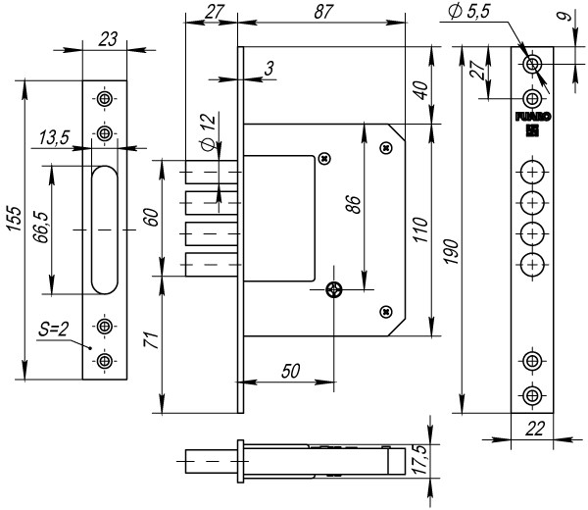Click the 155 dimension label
coord(15,218)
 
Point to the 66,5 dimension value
coord(41,227)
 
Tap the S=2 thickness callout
coord(53,330)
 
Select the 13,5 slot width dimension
coord(55,137)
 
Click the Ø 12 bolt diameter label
coord(209,131)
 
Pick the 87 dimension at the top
coord(322,12)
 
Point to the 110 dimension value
coord(420,229)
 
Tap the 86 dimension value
coord(353,204)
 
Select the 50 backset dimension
coord(291,371)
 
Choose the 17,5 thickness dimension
coord(421,460)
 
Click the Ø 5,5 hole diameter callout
coord(469,11)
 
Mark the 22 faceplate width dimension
coord(535,429)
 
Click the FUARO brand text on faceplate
coord(533,117)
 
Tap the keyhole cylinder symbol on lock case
coord(334,290)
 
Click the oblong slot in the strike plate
coord(105,229)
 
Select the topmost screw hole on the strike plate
coord(105,99)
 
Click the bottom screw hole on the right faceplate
coord(532,395)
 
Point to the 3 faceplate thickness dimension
coord(269,69)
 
